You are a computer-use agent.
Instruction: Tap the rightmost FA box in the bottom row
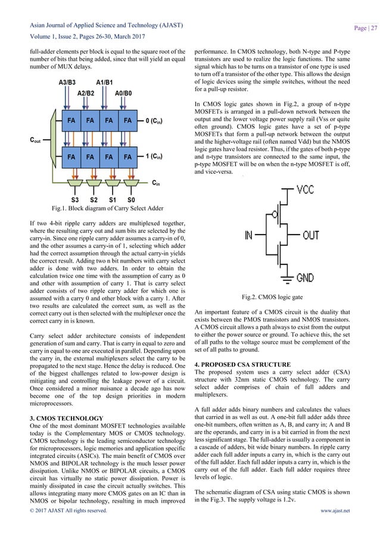pyautogui.click(x=127, y=157)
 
